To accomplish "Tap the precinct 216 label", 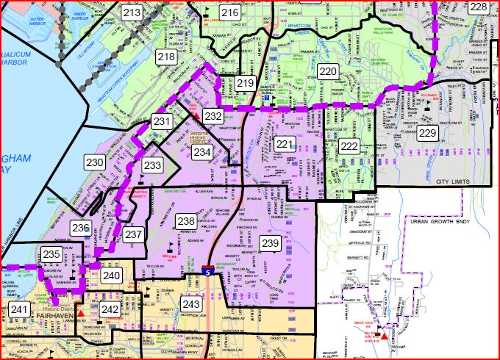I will coord(229,12).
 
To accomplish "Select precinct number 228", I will coord(478,7).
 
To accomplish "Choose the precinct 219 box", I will coord(245,83).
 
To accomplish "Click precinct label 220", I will coord(328,71).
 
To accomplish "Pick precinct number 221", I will coord(285,143).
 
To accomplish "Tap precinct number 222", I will coord(349,147).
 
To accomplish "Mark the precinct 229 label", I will coord(427,133).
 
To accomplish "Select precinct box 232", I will coord(213,115).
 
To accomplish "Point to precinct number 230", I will coord(94,162).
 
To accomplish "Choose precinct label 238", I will coord(185,220).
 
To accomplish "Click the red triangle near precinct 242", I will coord(81,314).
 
